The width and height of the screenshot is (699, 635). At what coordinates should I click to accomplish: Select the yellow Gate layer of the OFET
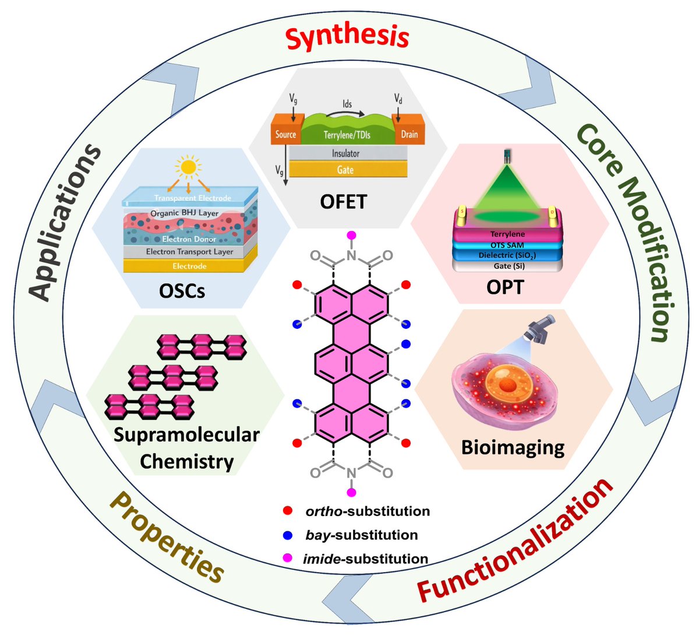[x=345, y=170]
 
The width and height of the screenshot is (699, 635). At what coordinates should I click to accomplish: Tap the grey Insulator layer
[x=345, y=153]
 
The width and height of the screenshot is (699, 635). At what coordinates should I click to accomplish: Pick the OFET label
[x=344, y=201]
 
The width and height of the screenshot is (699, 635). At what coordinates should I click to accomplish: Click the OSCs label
[x=182, y=290]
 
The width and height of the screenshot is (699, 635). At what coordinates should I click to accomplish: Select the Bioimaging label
[x=513, y=447]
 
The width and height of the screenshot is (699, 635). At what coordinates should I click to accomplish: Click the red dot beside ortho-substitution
[x=287, y=511]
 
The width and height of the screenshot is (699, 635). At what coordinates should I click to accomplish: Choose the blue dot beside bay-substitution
[x=287, y=535]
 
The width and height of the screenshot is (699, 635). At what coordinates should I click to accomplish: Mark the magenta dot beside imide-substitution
[x=287, y=558]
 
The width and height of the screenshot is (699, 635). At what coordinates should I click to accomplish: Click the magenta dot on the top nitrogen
[x=351, y=235]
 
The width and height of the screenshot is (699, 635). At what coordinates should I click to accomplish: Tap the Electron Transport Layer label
[x=190, y=252]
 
